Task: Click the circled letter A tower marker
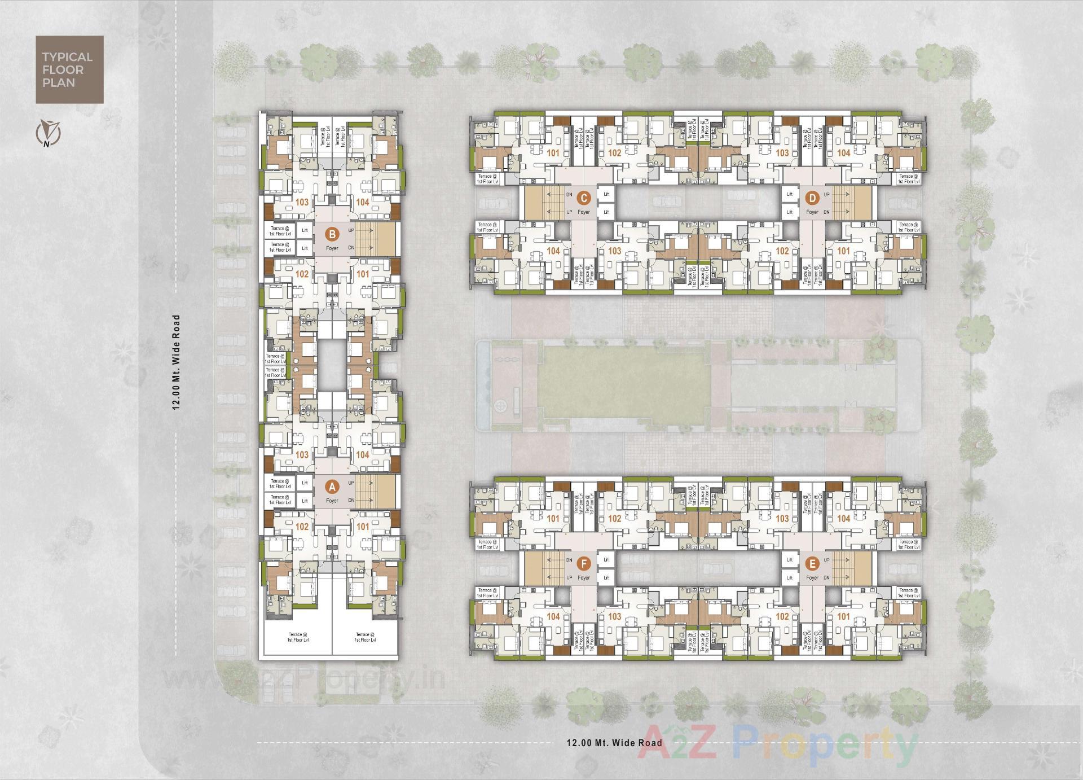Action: (x=332, y=487)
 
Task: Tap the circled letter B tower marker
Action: (x=332, y=234)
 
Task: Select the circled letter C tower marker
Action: (x=584, y=198)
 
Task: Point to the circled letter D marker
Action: (x=812, y=198)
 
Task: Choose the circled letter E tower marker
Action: (x=812, y=564)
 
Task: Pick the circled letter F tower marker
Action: (x=584, y=564)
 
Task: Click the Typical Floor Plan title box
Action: (x=69, y=69)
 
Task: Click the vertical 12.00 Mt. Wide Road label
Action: (x=177, y=362)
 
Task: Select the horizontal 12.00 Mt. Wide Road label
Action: (x=614, y=743)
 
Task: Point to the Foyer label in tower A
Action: (x=332, y=501)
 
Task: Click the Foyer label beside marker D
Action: (x=812, y=212)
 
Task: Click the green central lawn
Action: (x=621, y=386)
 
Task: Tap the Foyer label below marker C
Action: (x=584, y=212)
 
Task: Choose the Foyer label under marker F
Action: (x=584, y=578)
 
